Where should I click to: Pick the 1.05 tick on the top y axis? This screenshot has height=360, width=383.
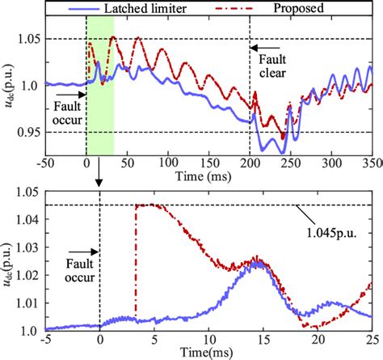(28, 38)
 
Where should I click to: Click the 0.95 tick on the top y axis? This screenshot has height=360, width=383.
(28, 132)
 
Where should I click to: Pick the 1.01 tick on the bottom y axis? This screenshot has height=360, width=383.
(29, 299)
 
